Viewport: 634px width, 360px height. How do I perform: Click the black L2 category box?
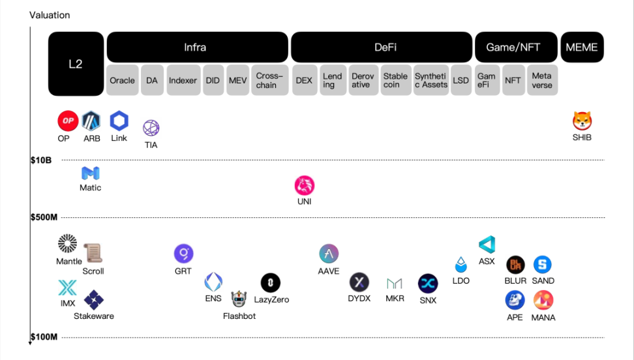[76, 64]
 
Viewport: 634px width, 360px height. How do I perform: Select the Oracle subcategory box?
[122, 80]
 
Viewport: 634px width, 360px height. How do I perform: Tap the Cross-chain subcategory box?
[269, 80]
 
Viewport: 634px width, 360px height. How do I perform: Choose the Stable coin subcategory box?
[395, 80]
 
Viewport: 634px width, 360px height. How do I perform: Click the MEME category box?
[582, 48]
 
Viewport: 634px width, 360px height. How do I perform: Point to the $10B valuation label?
[41, 160]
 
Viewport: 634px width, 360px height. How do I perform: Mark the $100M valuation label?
[44, 337]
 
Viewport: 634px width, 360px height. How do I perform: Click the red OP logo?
[68, 121]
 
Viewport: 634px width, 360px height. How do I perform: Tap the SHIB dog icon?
[582, 121]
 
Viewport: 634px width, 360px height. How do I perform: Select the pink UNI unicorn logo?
[305, 186]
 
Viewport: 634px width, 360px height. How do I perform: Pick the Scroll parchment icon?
[93, 253]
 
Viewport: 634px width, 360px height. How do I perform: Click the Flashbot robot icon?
[239, 299]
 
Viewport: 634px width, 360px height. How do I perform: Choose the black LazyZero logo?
[271, 283]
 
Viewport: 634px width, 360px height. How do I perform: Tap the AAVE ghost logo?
[329, 254]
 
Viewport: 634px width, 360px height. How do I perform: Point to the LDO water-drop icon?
[461, 265]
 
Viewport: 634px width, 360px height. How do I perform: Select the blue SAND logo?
[543, 265]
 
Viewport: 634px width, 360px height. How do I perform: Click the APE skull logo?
[515, 300]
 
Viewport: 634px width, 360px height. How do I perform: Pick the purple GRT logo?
[183, 254]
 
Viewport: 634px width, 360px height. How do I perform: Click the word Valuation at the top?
[50, 15]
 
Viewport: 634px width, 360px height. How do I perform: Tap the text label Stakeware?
[94, 316]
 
